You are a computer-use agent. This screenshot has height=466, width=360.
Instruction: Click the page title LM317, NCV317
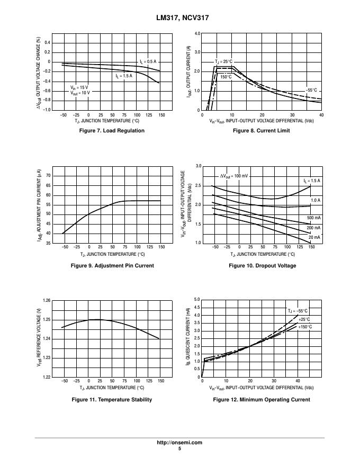tap(179, 17)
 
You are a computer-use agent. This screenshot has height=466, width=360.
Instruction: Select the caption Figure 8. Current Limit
tap(262, 131)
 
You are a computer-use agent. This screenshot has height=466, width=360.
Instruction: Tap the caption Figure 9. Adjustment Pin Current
tap(112, 265)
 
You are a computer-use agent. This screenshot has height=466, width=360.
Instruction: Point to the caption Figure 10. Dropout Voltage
tap(262, 265)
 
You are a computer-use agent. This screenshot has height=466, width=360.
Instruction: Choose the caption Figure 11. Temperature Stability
tap(112, 399)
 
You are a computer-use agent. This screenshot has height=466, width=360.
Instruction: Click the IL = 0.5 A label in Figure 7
tap(148, 62)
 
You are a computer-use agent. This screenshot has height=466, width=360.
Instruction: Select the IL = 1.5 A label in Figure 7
tap(124, 76)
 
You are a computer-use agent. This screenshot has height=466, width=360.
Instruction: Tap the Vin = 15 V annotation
tap(80, 87)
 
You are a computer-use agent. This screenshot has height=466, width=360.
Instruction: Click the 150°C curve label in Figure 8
tap(226, 77)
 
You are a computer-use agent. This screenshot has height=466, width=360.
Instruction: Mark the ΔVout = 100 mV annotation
tap(234, 176)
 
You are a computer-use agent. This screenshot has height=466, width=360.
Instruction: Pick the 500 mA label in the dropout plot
tap(313, 218)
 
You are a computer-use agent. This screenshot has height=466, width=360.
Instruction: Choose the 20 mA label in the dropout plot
tap(314, 237)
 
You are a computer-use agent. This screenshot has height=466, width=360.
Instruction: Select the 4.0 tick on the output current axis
tap(197, 33)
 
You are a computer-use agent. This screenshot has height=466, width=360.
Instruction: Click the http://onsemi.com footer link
tap(179, 443)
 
